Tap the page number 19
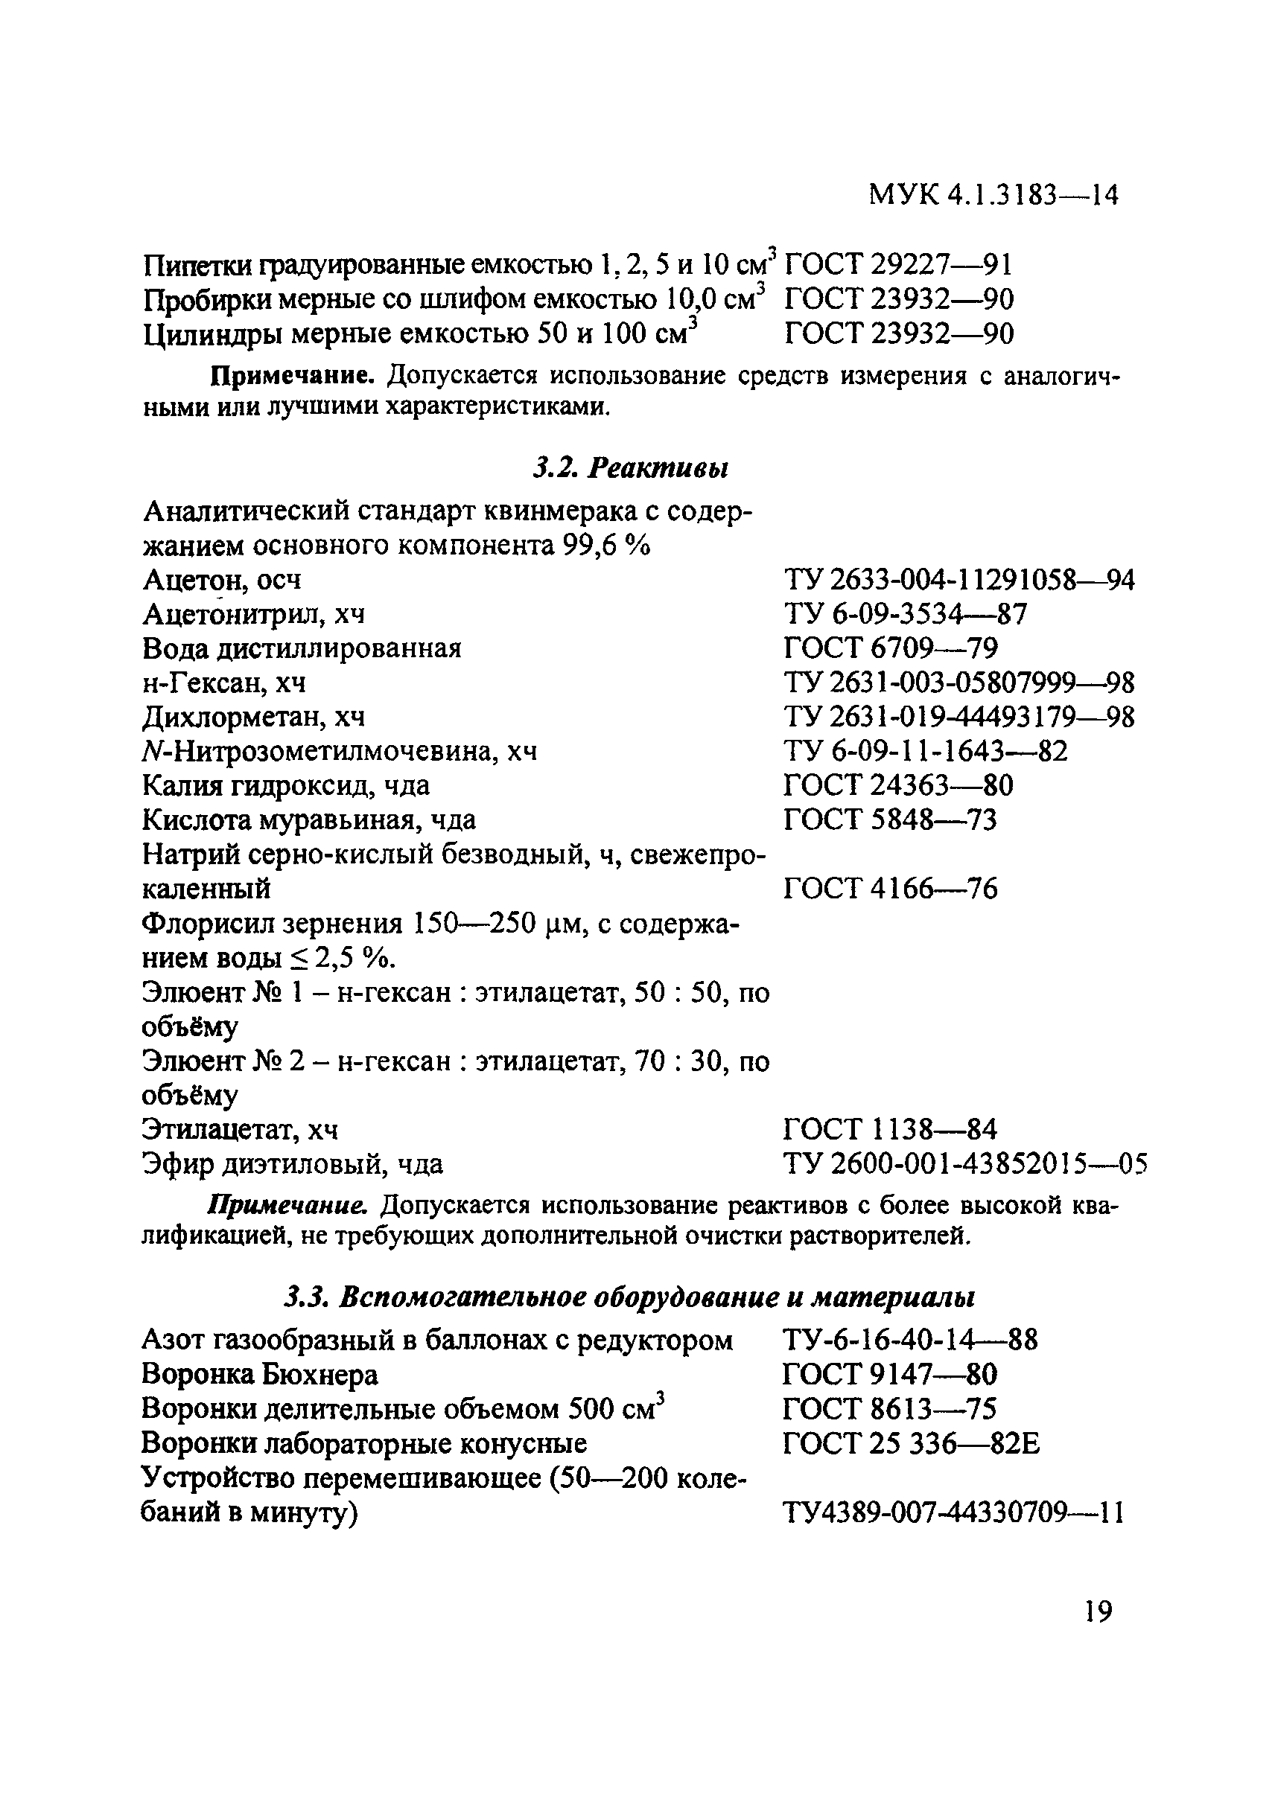click(x=1098, y=1613)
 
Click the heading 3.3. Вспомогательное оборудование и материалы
click(x=629, y=1298)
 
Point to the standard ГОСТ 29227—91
click(x=898, y=264)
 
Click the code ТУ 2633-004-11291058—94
click(x=958, y=581)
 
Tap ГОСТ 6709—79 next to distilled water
click(x=890, y=649)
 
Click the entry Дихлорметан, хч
click(x=254, y=718)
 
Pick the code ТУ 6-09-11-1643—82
click(x=926, y=752)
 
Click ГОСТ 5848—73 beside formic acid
click(x=890, y=820)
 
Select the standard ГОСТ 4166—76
click(x=890, y=889)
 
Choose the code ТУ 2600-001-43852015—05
click(x=965, y=1164)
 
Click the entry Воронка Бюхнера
click(x=259, y=1374)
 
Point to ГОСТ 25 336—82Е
click(x=912, y=1443)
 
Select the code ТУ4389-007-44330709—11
click(x=953, y=1512)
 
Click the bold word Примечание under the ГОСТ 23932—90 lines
click(x=292, y=376)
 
